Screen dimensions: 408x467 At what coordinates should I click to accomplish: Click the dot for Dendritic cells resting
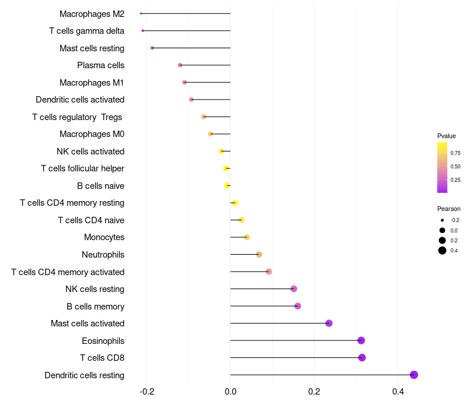[x=414, y=375]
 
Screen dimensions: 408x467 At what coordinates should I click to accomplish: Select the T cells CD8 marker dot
[x=362, y=357]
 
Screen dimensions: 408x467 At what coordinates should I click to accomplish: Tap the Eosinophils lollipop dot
[x=361, y=340]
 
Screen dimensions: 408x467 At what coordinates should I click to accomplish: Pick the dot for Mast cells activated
[x=329, y=323]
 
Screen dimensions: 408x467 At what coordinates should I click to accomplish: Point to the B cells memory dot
[x=298, y=306]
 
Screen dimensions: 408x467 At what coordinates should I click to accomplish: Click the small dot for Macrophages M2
[x=141, y=13]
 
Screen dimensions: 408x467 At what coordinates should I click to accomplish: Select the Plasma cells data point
[x=180, y=65]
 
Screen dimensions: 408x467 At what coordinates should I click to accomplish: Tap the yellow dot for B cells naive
[x=227, y=185]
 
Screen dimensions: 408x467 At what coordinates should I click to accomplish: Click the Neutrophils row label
[x=103, y=255]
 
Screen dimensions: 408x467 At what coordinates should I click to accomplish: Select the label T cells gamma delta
[x=86, y=31]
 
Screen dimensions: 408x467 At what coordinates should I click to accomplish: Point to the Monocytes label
[x=104, y=237]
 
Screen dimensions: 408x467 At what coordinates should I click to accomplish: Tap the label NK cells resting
[x=95, y=289]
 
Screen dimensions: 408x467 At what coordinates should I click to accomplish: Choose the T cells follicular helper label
[x=82, y=168]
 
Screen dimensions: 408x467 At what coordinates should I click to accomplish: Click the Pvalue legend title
[x=447, y=136]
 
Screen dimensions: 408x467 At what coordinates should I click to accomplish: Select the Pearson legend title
[x=449, y=209]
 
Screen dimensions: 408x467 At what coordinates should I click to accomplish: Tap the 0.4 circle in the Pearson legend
[x=442, y=251]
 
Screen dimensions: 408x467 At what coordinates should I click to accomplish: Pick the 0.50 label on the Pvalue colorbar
[x=455, y=167]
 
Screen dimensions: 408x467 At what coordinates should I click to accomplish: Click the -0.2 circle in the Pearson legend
[x=442, y=220]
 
